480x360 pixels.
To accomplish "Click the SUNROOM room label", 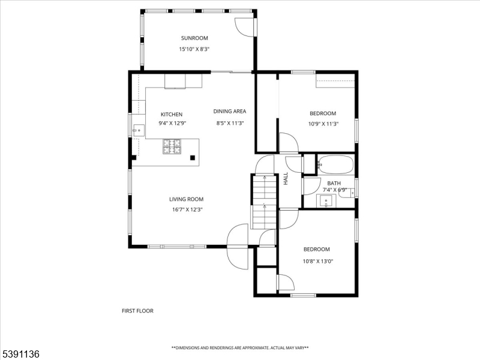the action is click(x=194, y=38).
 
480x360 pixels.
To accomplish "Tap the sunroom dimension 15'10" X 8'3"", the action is click(x=194, y=49).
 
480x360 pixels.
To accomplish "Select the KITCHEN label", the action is click(x=172, y=115).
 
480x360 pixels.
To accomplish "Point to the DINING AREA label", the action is click(x=230, y=112).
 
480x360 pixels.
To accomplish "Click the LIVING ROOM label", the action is click(x=186, y=199).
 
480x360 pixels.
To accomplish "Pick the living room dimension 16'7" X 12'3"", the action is click(x=187, y=209).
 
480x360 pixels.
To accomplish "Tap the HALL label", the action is click(x=286, y=178).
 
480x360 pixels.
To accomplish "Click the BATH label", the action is click(x=334, y=184).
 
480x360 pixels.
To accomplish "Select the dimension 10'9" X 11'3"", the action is click(x=323, y=124).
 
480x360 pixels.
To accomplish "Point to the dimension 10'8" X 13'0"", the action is click(x=318, y=262).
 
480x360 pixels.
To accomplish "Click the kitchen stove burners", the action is click(x=172, y=146).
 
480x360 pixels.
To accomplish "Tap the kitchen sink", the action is click(x=139, y=131).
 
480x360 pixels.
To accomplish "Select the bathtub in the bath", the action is click(x=335, y=164).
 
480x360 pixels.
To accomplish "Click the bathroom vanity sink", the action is click(x=326, y=201).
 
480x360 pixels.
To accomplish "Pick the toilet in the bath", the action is click(x=347, y=193).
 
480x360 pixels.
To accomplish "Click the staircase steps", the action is click(x=264, y=202).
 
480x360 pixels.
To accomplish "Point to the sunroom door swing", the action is click(x=244, y=27).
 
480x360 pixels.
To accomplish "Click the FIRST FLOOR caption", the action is click(x=137, y=311).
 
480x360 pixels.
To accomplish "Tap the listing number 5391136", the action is click(x=20, y=354).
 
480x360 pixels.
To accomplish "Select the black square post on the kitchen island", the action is click(x=193, y=158).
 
